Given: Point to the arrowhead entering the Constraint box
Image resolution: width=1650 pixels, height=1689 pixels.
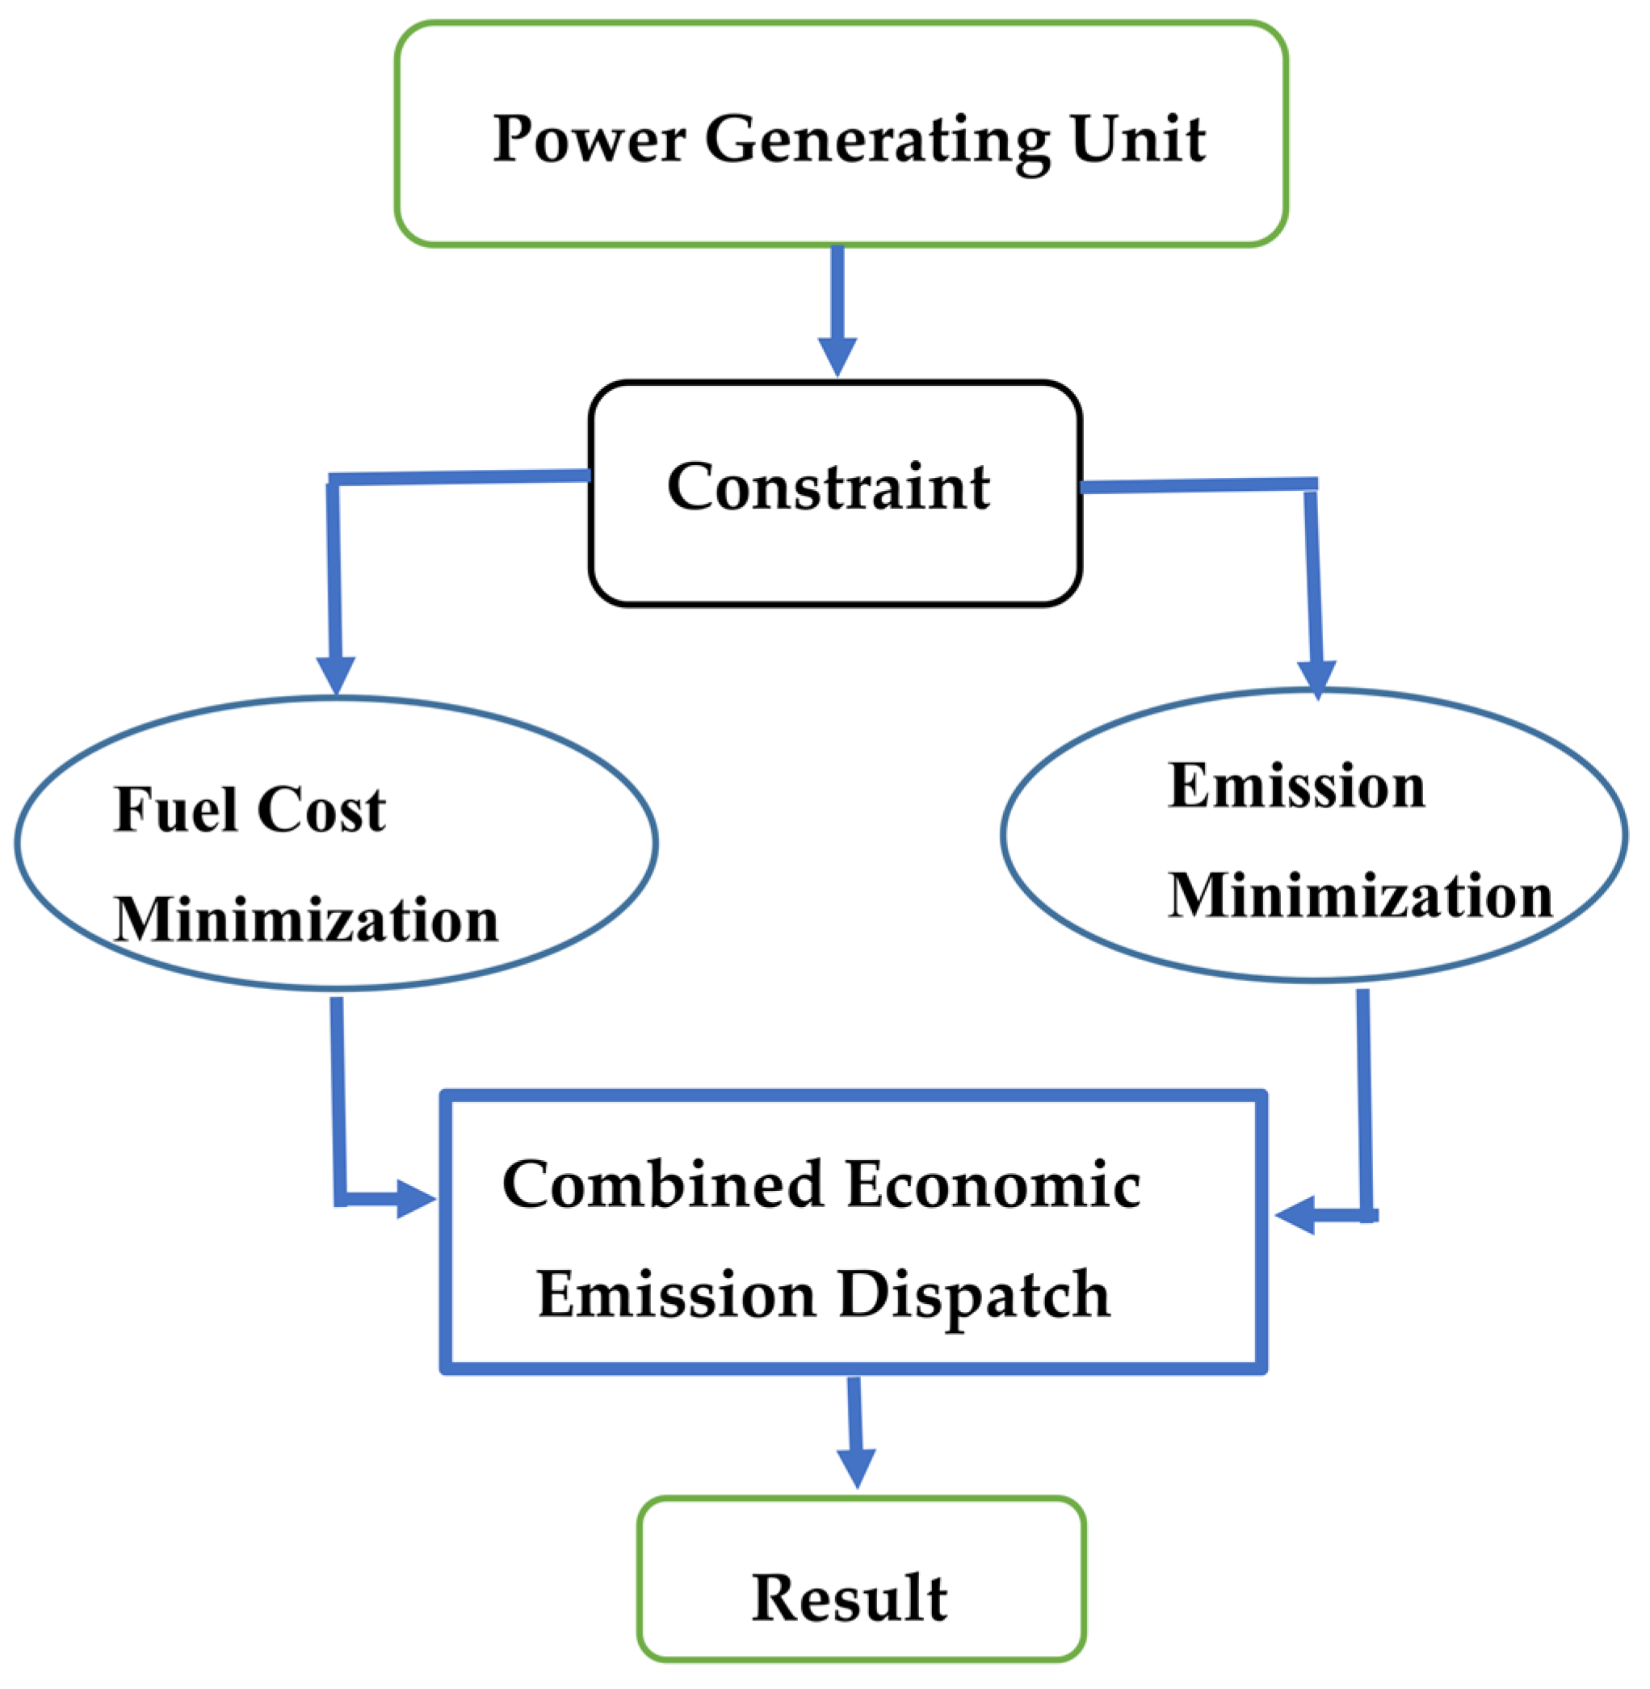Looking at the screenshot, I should click(838, 356).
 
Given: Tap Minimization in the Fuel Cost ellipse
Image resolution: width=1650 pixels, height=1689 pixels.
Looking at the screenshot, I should click(306, 920).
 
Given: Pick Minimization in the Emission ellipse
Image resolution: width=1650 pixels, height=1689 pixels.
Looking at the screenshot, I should click(1360, 895).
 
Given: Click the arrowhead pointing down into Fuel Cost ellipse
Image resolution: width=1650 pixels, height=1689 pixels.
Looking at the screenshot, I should click(336, 675).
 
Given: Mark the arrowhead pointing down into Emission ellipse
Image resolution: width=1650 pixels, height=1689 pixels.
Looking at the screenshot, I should click(1316, 678).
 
